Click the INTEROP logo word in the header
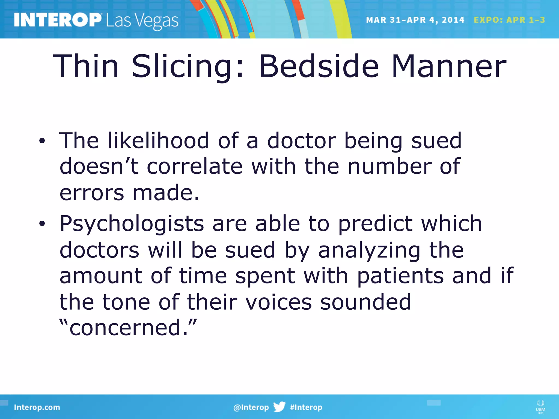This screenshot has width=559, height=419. tap(58, 20)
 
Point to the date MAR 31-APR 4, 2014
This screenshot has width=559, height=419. tap(415, 20)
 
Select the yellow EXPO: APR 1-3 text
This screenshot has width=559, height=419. tap(509, 20)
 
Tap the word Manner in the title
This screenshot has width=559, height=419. tap(449, 67)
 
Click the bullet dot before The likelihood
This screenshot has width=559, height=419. tap(42, 141)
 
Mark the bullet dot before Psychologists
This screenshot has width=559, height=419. tap(42, 224)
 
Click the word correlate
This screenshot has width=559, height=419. tap(195, 166)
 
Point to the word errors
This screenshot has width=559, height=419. tap(92, 193)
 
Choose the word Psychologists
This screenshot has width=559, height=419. tap(132, 224)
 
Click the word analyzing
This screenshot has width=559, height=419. tap(369, 250)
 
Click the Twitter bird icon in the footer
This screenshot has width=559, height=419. tap(279, 407)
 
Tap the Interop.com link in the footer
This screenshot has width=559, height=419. tap(37, 407)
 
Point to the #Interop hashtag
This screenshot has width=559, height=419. tap(306, 407)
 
